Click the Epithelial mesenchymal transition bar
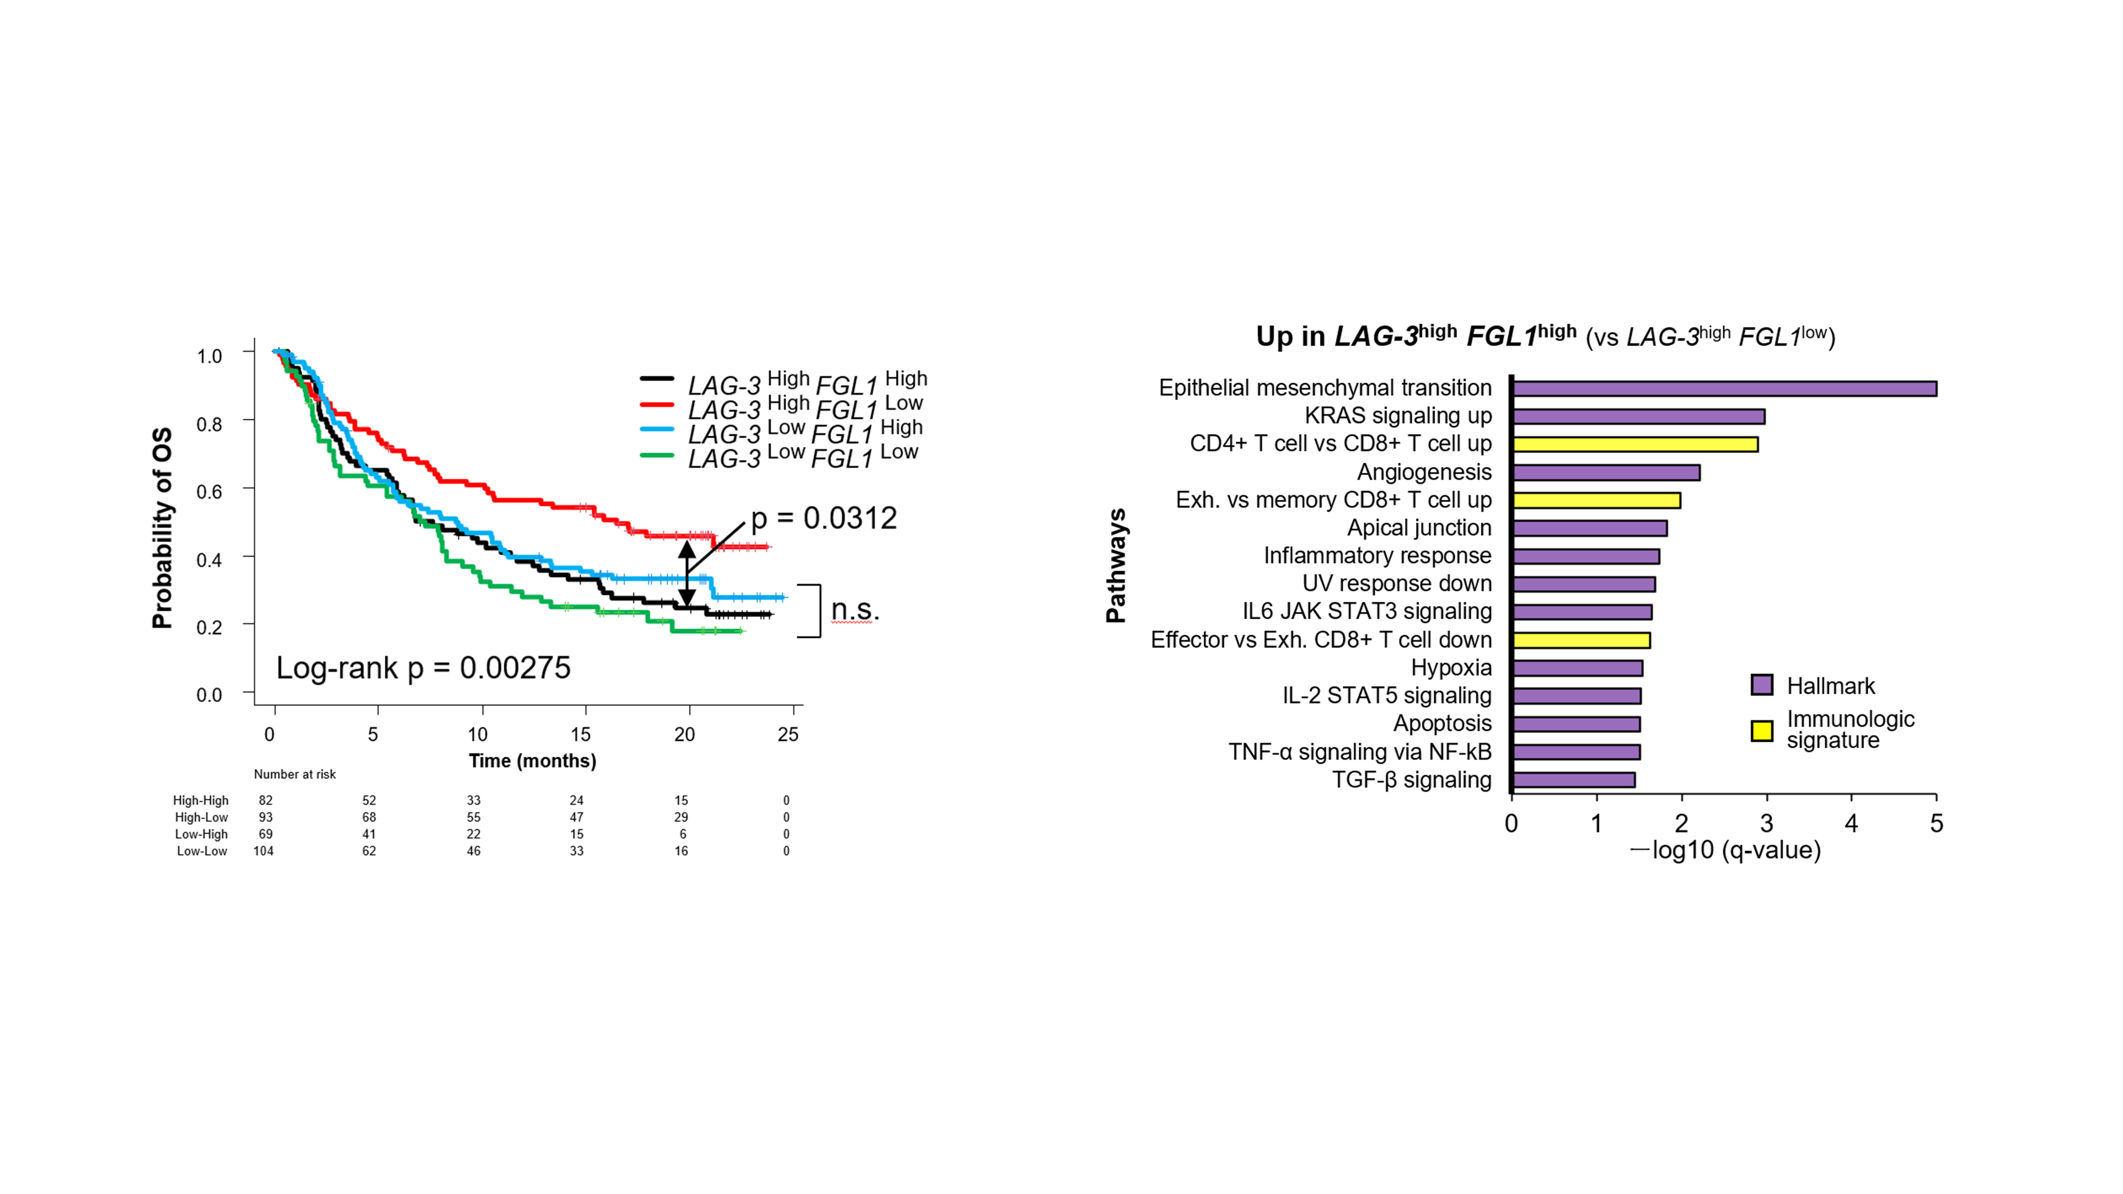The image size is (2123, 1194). coord(1724,388)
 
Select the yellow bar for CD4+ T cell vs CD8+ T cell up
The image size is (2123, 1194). coord(1635,444)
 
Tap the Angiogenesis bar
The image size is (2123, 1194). coord(1606,472)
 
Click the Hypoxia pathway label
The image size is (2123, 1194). coord(1451,668)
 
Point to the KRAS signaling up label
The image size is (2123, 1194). coord(1398,416)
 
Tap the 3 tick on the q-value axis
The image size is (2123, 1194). coord(1766,823)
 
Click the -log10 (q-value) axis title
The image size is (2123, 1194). coord(1726,850)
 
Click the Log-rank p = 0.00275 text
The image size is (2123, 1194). coord(423,668)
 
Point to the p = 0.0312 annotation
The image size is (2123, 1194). coord(823,518)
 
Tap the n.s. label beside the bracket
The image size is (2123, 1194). coord(855,610)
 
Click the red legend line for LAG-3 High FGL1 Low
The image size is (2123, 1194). coord(657,404)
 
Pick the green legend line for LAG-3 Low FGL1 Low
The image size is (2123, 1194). coord(657,454)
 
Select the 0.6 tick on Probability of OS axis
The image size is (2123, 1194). coord(209,492)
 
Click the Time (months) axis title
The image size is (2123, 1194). coord(532,760)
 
